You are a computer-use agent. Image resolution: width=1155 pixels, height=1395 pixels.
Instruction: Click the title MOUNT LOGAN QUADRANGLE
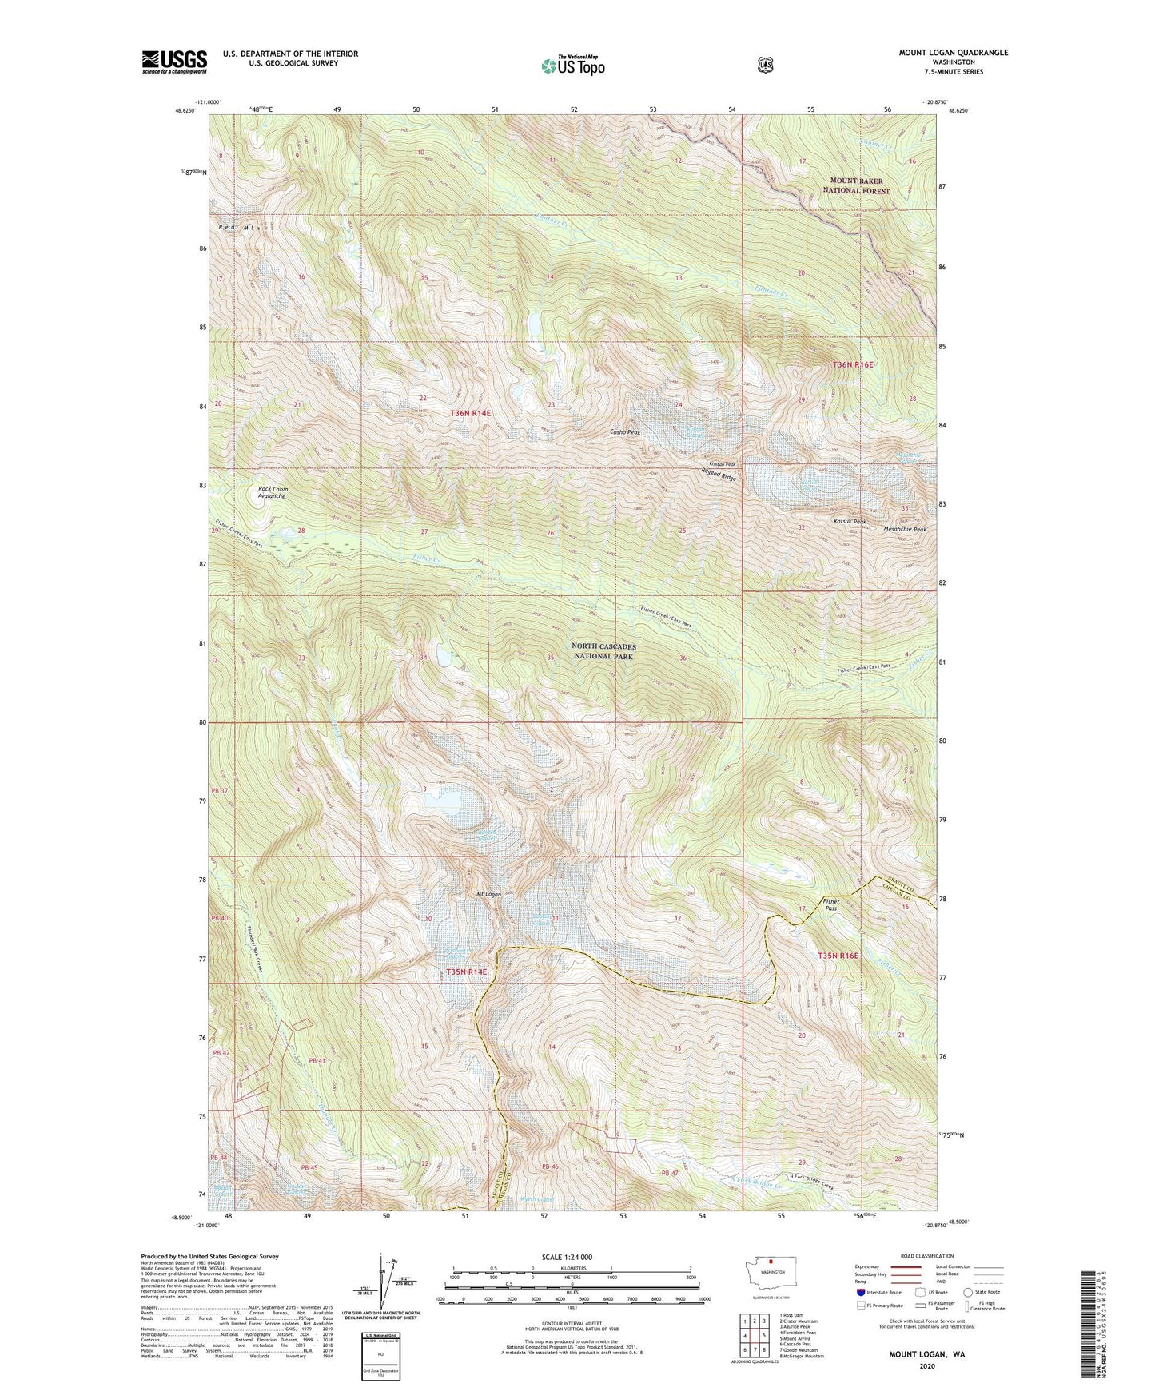pos(953,53)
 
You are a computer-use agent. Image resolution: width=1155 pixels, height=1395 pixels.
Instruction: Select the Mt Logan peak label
pos(488,894)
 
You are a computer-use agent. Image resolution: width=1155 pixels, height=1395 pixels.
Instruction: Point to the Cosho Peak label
pos(625,432)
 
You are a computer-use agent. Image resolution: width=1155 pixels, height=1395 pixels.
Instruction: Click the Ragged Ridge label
pos(719,475)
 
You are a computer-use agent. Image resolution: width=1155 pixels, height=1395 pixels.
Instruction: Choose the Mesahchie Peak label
pos(905,529)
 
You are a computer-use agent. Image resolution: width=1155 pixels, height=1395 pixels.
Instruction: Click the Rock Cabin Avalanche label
pos(273,492)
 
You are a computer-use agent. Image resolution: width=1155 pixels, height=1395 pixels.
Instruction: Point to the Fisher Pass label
pos(831,904)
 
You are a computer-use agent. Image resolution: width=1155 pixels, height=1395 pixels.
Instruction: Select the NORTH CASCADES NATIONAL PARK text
pos(603,650)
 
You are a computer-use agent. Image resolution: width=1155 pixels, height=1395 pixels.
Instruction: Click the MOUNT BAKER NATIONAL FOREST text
pos(859,185)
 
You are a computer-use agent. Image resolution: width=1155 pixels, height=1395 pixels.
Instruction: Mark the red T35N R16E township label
pos(837,956)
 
